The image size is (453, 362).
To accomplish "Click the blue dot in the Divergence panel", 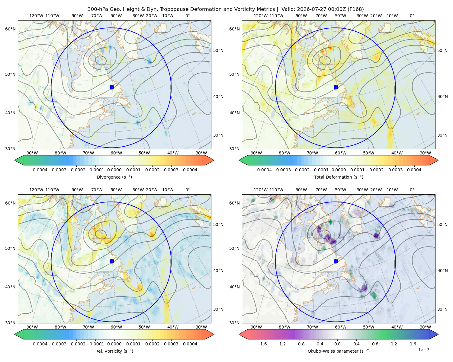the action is [112, 87].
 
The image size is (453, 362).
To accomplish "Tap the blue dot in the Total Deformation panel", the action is [336, 87].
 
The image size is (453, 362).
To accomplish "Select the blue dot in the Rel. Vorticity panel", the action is [112, 261].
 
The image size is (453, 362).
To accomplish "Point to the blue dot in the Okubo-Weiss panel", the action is [336, 261].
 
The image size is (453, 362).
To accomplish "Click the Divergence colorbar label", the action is [114, 177].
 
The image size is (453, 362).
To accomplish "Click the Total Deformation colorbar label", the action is [339, 177].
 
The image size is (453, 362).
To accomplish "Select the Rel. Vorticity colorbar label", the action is [114, 351].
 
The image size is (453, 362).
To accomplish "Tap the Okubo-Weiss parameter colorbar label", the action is [339, 351].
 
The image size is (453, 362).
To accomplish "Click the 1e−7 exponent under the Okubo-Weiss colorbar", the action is [423, 350].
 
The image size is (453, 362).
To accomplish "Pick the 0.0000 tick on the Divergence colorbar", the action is [114, 170].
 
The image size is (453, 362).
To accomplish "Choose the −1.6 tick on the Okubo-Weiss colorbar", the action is [262, 344].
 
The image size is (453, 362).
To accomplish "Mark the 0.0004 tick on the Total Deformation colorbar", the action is [414, 170].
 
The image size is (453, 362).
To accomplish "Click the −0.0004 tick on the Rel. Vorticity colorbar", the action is [39, 344].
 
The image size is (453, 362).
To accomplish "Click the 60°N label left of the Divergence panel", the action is [10, 29].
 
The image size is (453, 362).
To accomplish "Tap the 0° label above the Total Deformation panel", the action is [412, 16].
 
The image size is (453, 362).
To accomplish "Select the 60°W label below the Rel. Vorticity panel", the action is [116, 327].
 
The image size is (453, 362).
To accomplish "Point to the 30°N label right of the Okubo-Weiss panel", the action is [442, 309].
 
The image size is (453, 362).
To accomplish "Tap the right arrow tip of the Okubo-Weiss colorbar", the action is [438, 334].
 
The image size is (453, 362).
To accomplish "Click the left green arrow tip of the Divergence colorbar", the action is [15, 160].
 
